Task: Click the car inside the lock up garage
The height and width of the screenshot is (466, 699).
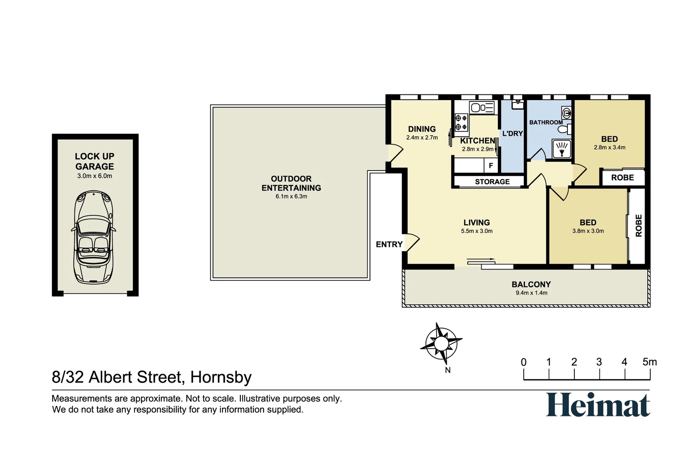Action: tap(94, 237)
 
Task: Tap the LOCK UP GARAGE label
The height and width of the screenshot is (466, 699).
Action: tap(94, 161)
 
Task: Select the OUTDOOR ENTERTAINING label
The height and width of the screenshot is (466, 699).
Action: tap(291, 183)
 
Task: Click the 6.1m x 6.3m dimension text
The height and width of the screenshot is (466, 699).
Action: tap(291, 196)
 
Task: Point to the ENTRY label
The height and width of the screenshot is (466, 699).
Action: tap(389, 245)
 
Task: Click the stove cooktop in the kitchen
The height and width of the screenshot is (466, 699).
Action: tap(461, 122)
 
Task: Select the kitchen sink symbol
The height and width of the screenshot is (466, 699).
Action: tap(482, 107)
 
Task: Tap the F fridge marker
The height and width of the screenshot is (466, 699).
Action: tap(491, 166)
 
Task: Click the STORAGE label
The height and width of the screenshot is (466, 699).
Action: tap(492, 182)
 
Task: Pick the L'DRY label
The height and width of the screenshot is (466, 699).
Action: tap(512, 134)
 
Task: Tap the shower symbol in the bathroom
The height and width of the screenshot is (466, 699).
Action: tap(561, 149)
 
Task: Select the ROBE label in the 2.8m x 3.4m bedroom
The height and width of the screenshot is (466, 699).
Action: tap(622, 178)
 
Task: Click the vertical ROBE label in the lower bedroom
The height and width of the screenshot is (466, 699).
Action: tap(639, 226)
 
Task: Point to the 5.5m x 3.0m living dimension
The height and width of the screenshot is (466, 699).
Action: tap(476, 231)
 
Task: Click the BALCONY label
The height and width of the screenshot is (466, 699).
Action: tap(531, 284)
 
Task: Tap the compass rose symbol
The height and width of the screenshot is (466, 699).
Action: tap(441, 344)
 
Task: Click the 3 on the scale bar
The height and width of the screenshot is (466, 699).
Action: tap(599, 362)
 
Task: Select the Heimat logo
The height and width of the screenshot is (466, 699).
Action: tap(598, 405)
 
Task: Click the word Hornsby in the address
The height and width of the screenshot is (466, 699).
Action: tap(220, 377)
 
